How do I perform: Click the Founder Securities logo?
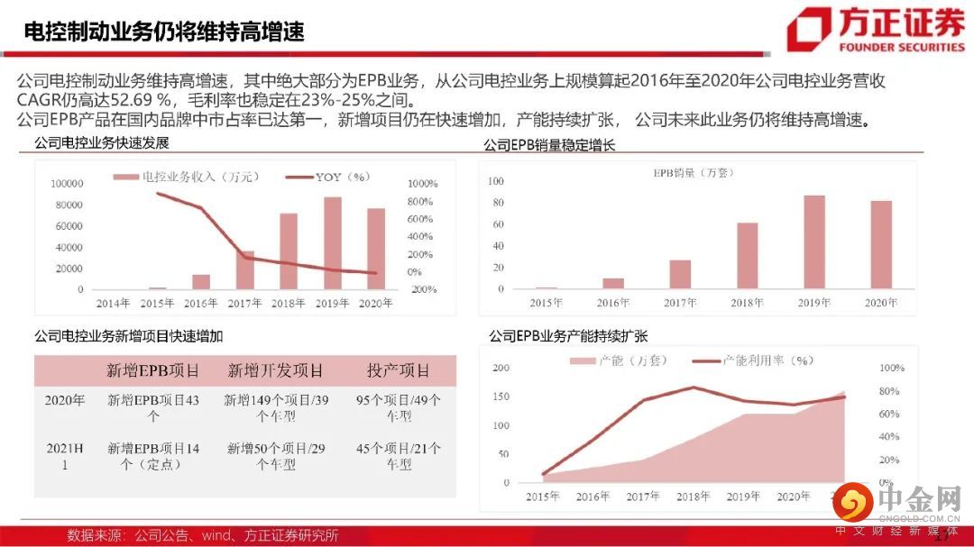875,30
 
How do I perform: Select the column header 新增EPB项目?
153,370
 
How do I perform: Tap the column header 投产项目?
398,370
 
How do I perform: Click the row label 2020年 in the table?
65,400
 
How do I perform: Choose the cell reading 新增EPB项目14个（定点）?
153,456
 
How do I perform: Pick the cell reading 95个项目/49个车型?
398,408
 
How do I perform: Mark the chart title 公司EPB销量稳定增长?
549,144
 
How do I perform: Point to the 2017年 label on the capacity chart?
642,497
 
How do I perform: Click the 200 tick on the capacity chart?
501,368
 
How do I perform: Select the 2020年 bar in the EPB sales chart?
881,245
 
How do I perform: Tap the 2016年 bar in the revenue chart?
201,282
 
